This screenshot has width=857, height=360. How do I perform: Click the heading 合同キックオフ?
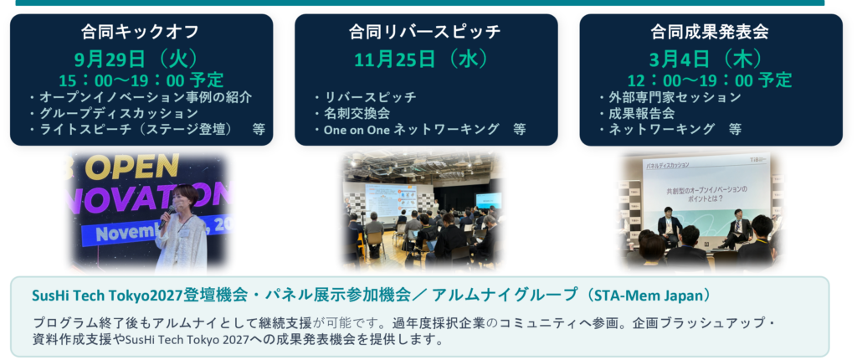coord(141,32)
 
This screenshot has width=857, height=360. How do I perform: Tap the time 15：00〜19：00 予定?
coord(141,80)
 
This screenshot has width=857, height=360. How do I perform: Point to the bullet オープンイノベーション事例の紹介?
coord(140,97)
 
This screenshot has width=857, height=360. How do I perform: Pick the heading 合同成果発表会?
coord(710,32)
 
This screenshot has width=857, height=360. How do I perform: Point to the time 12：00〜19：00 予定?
coord(710,80)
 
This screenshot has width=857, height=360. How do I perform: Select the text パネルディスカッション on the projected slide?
coord(668,164)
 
